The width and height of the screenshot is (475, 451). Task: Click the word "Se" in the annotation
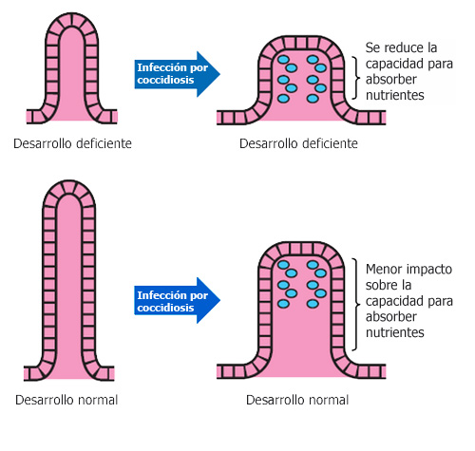pos(373,47)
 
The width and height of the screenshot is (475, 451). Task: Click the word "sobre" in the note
pos(383,286)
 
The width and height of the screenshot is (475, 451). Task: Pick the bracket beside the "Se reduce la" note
pos(354,71)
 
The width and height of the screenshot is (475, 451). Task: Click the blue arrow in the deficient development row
pos(178,73)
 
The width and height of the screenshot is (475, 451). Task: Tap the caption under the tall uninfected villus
pos(66,400)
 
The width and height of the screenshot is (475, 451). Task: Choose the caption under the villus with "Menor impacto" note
pos(296,400)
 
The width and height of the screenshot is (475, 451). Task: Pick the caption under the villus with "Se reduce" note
pos(298,143)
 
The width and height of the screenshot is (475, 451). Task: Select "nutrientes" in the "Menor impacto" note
pos(394,333)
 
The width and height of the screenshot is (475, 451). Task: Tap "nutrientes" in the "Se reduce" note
pos(394,96)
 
